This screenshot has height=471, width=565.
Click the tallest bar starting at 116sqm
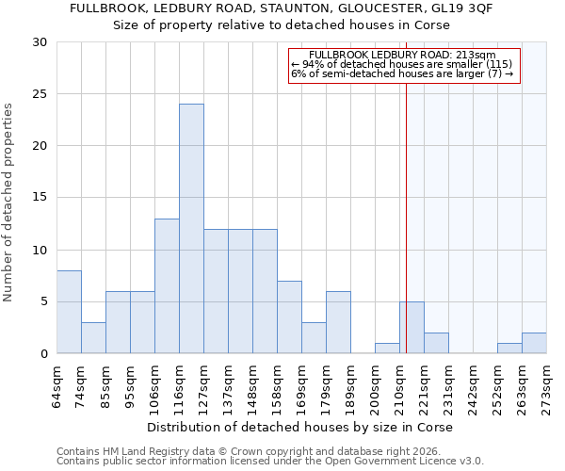coord(191,229)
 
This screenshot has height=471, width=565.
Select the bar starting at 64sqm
coord(69,312)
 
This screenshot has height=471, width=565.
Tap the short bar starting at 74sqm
coord(93,338)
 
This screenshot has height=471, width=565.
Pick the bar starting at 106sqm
coord(167,286)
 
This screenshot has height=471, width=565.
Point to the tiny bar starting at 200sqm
coord(387,349)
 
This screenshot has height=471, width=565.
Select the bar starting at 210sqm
coord(412,328)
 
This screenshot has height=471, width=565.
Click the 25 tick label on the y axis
coord(40,94)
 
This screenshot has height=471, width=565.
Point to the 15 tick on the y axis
coord(40,198)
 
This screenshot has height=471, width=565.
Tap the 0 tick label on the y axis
coord(43,354)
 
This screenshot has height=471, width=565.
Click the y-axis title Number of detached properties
coord(8,203)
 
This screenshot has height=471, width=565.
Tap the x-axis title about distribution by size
coord(301,428)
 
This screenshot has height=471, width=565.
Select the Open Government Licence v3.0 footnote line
coord(270,462)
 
